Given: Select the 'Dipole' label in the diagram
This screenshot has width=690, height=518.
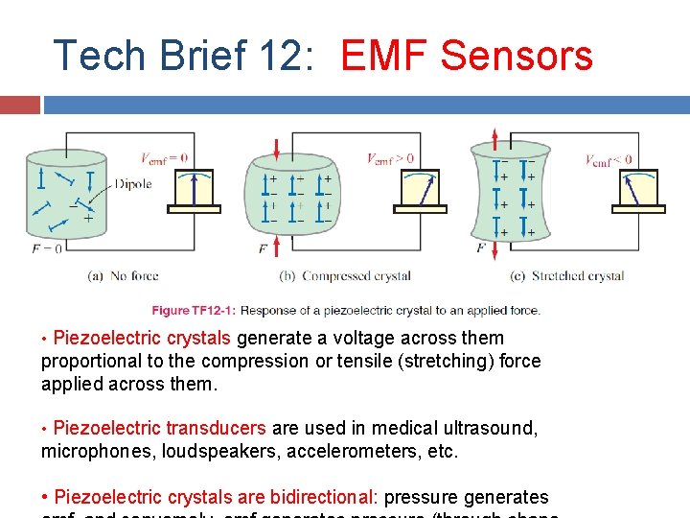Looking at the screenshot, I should click(132, 184).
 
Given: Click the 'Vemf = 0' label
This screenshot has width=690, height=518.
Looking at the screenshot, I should click(164, 159).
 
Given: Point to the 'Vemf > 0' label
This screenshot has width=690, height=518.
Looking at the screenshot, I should click(391, 158).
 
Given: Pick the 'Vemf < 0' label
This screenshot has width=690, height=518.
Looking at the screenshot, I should click(609, 160).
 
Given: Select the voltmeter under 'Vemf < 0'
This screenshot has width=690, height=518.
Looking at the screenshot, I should click(637, 192).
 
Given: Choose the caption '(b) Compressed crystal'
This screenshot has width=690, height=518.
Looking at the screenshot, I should click(344, 276).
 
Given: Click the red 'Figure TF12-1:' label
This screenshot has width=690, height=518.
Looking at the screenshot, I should click(195, 310).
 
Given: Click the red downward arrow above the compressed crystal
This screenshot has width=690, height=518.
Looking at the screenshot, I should click(277, 149).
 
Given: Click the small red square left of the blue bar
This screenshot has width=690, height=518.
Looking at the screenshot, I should click(20, 104).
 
